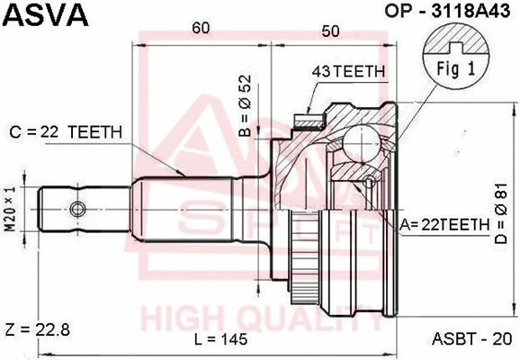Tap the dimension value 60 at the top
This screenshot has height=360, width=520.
[x=202, y=30]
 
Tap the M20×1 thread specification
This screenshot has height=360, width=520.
[x=11, y=208]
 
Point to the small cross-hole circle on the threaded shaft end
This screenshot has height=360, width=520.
[x=77, y=210]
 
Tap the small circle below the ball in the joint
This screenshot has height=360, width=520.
[x=368, y=185]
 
